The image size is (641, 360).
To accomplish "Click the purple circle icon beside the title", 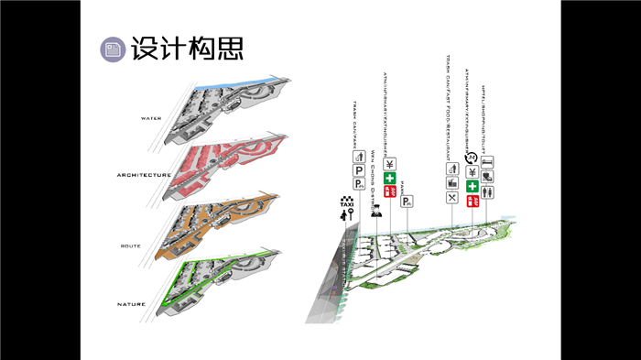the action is coord(114,49).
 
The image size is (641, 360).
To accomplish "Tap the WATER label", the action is coord(150,118).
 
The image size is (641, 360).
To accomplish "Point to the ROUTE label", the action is coord(129,246).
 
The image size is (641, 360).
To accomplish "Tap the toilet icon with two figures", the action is coord(488,192).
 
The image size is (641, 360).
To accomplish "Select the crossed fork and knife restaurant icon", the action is coord(451,197).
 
